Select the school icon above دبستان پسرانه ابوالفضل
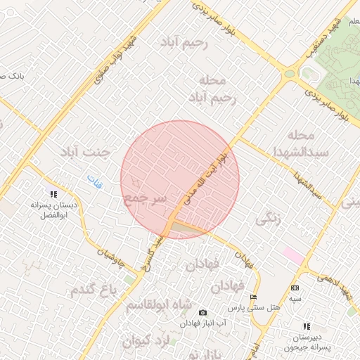click(x=53, y=194)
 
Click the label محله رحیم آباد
click(x=212, y=89)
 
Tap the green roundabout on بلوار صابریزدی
click(x=288, y=73)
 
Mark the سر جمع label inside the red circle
click(x=145, y=199)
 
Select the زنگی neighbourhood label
click(x=268, y=219)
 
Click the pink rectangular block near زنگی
click(x=294, y=256)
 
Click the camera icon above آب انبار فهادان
click(x=202, y=312)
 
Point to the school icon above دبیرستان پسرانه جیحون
click(x=306, y=326)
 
